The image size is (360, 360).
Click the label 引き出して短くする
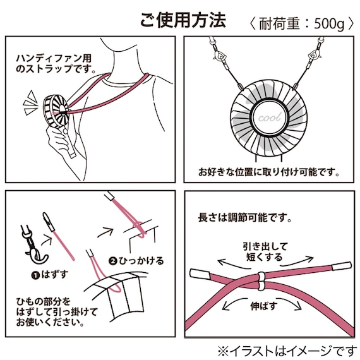[x=264, y=252]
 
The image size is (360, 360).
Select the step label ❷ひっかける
[x=136, y=260]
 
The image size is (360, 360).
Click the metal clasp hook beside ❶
[x=29, y=243]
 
